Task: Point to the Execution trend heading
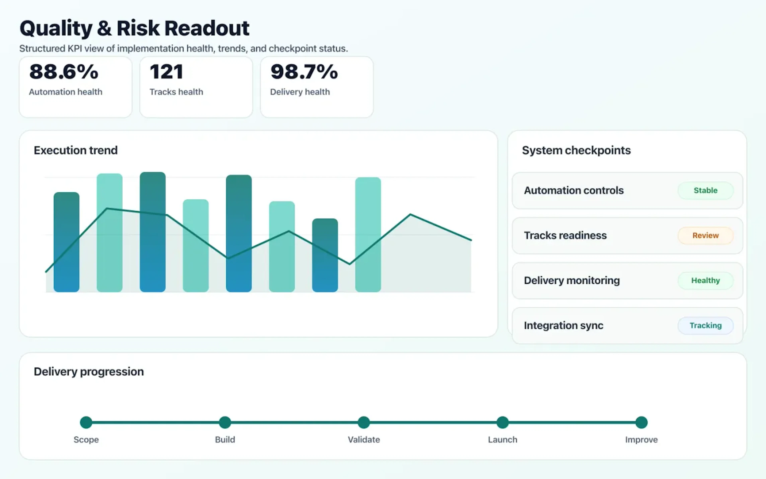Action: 76,150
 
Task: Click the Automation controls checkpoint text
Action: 574,190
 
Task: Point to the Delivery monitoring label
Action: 572,280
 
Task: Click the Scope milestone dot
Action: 86,422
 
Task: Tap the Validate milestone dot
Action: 364,422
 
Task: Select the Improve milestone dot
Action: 641,422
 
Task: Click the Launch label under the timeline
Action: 502,440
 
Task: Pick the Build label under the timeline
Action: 225,440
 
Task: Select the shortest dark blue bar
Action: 325,255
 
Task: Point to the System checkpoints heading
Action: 576,150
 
